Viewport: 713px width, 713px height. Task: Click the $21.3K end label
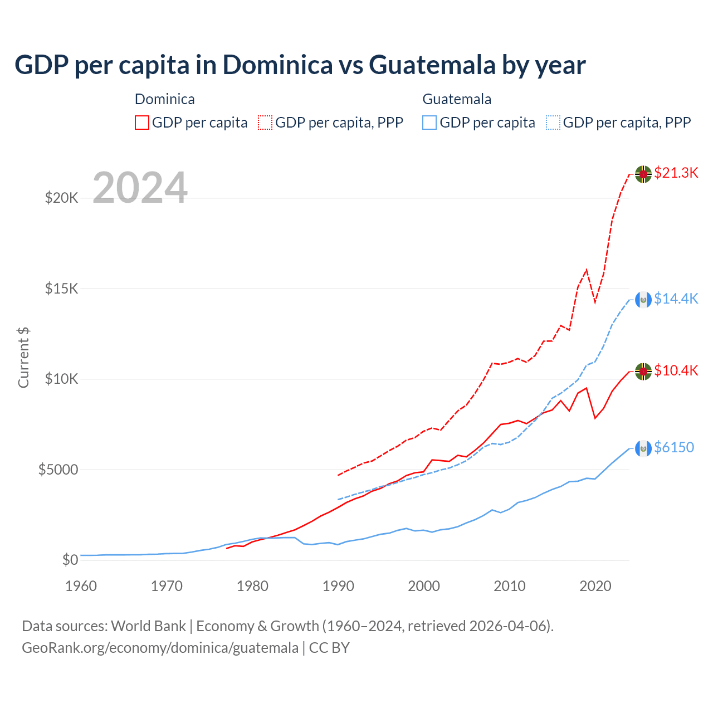point(676,173)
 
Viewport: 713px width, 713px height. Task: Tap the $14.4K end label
point(676,299)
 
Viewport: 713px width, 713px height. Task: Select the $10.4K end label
point(676,371)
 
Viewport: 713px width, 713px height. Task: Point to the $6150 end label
point(674,448)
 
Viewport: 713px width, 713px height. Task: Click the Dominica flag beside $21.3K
point(643,174)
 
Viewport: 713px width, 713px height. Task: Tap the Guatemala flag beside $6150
point(643,448)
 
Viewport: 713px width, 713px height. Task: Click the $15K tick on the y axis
point(62,289)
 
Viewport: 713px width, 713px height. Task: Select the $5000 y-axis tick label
point(58,470)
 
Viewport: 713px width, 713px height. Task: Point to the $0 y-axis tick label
point(70,560)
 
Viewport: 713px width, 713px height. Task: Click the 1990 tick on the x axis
point(338,586)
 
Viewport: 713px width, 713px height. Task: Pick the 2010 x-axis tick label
point(510,586)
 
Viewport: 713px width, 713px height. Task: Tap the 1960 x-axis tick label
point(81,586)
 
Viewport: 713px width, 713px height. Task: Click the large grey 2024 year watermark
point(140,188)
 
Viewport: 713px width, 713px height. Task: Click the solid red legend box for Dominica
point(142,123)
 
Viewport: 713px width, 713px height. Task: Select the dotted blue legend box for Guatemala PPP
point(553,123)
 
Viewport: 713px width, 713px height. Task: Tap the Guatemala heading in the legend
point(457,99)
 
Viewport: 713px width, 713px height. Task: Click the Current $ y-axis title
point(23,358)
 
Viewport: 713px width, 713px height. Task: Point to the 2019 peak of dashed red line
point(586,270)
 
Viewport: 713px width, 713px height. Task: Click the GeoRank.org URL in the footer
point(160,648)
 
